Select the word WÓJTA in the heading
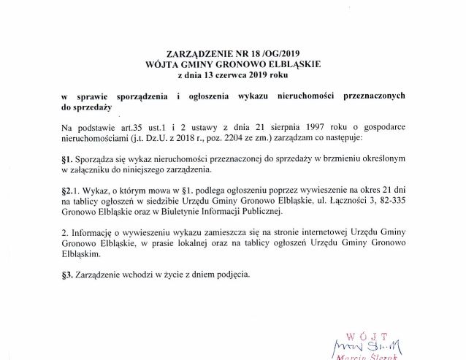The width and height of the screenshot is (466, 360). click(x=164, y=64)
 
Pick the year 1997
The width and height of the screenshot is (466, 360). click(x=321, y=128)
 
